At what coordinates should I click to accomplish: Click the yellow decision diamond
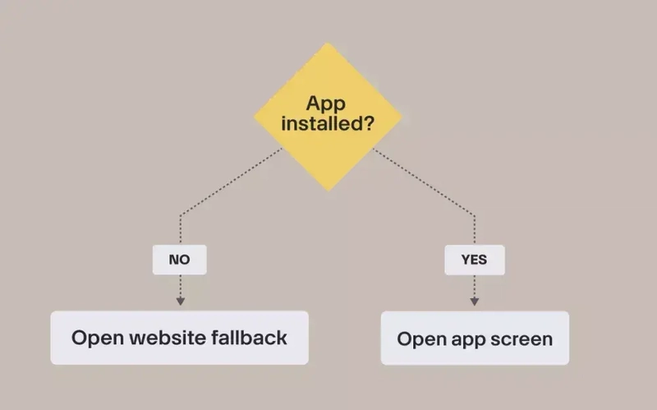[x=328, y=116]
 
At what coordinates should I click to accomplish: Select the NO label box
[x=180, y=260]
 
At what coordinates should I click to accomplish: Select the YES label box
[x=475, y=260]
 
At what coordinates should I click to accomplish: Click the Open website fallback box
[x=180, y=338]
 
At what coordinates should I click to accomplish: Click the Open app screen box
[x=475, y=338]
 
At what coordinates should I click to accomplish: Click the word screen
[x=522, y=338]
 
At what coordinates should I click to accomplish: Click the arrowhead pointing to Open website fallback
[x=180, y=302]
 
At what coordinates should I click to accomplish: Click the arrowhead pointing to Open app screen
[x=475, y=302]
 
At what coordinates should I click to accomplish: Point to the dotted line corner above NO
[x=180, y=215]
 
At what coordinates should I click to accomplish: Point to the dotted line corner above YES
[x=475, y=215]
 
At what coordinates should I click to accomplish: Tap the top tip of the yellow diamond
[x=328, y=41]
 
